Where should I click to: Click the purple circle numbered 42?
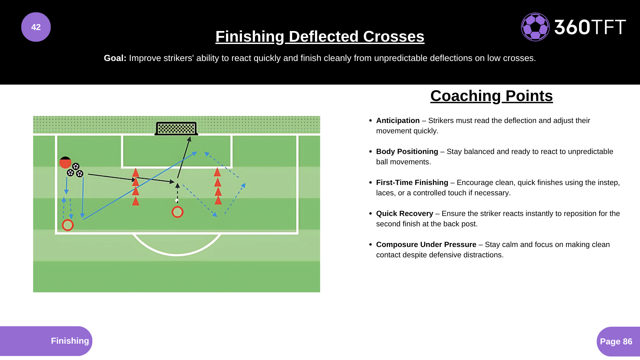coord(36,27)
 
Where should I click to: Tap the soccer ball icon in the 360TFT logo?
coord(535,27)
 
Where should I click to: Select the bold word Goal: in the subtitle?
coord(115,58)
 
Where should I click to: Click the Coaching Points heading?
coord(491,96)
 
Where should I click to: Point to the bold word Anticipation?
coord(398,121)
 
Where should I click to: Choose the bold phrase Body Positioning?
coord(407,152)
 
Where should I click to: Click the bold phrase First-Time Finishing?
coord(412,183)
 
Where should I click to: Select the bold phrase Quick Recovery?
coord(404,214)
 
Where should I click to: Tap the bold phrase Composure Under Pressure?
coord(426,245)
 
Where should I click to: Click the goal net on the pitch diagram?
coord(176,128)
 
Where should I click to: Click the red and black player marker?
coord(65,162)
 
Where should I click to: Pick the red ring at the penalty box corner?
coord(68,225)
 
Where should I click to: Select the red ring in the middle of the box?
coord(177,212)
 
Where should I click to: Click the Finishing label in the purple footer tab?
coord(70,341)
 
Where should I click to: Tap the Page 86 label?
coord(616,341)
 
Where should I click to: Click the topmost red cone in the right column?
coord(217,172)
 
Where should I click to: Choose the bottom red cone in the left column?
coord(136,201)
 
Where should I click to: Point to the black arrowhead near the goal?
coord(189,139)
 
